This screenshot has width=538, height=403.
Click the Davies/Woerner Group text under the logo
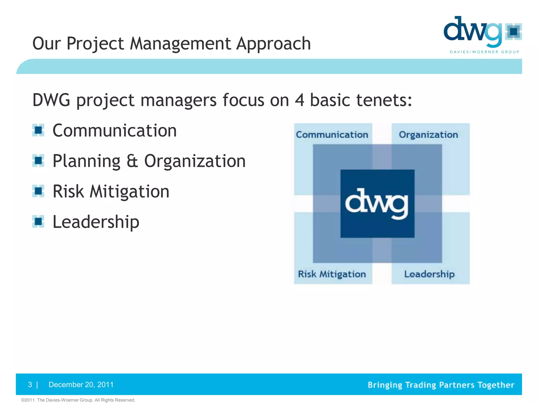(x=484, y=52)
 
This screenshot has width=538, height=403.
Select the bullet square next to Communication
(x=38, y=130)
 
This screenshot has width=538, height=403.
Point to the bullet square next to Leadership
(x=38, y=221)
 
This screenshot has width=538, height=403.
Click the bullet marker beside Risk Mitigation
(x=38, y=191)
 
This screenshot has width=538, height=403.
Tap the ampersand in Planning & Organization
(x=132, y=161)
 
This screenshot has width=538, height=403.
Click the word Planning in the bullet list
(x=86, y=161)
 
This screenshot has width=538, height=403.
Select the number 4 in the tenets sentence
(x=299, y=100)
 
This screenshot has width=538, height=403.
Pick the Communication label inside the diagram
(x=332, y=135)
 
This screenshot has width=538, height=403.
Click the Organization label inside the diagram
(x=428, y=135)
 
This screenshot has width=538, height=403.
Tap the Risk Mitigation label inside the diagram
(x=332, y=274)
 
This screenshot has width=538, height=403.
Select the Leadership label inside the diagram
(x=429, y=274)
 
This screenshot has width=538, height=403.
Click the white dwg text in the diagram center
(x=377, y=204)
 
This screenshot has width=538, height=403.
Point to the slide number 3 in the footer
(x=30, y=385)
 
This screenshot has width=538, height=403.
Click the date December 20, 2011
(x=81, y=385)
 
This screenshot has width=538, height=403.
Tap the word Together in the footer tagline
(x=495, y=385)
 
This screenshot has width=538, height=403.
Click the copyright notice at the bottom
(x=78, y=400)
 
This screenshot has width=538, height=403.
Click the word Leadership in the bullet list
(x=96, y=222)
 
